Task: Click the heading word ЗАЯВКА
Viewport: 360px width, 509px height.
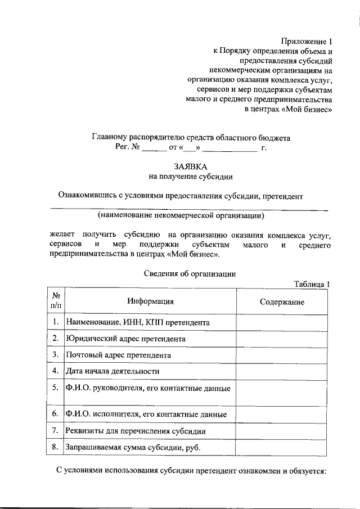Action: pos(190,166)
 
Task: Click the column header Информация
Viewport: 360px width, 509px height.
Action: pos(150,301)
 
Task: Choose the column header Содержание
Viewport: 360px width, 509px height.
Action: pos(282,302)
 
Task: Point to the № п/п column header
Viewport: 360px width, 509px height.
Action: pos(56,301)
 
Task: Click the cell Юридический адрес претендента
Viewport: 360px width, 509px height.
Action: pos(125,339)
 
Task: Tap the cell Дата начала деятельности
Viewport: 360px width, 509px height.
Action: pos(112,371)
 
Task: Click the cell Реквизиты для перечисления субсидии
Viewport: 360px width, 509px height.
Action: pos(136,431)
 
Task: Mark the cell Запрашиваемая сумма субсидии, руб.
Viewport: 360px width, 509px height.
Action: pos(133,447)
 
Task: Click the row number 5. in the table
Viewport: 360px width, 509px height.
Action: pos(56,388)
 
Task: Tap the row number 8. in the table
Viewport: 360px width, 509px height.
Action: pos(56,447)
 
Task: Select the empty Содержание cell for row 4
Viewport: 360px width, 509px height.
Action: pos(281,371)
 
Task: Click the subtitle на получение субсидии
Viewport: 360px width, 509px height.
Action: pos(190,177)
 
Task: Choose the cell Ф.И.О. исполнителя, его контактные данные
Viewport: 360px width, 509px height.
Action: pos(146,415)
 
